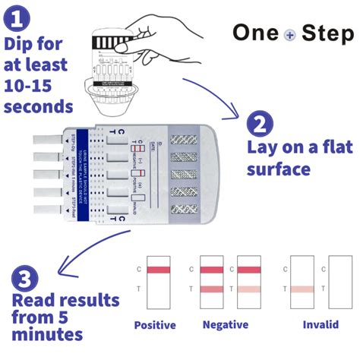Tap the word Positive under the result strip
click(155, 325)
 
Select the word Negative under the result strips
click(226, 325)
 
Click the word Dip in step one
click(21, 43)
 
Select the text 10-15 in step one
click(32, 85)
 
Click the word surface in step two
click(279, 167)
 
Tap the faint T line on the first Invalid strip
click(303, 289)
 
